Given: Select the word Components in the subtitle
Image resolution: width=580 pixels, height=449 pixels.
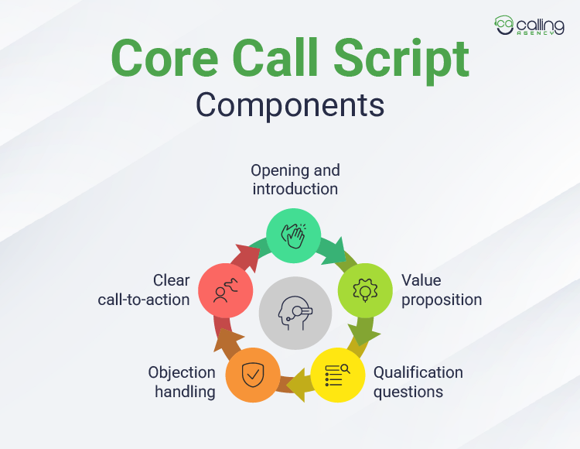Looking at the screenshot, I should [x=289, y=105].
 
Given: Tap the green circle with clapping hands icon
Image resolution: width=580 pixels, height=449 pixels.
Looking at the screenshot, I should [x=293, y=235].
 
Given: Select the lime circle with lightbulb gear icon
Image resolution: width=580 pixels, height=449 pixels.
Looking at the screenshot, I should [x=364, y=290].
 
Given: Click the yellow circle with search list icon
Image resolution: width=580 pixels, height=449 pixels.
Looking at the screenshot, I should [x=337, y=375].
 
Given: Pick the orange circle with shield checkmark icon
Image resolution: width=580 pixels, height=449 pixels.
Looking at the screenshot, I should [x=252, y=375].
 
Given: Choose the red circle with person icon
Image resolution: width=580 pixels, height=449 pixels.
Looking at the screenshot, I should [x=224, y=290].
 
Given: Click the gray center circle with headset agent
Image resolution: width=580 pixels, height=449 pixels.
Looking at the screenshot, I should [x=295, y=313].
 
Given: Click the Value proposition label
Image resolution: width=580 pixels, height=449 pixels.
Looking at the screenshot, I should [x=441, y=290].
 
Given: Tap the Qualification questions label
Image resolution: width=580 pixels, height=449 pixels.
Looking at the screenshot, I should [x=418, y=382].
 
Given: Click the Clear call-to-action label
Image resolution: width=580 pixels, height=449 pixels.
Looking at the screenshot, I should [x=144, y=290].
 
